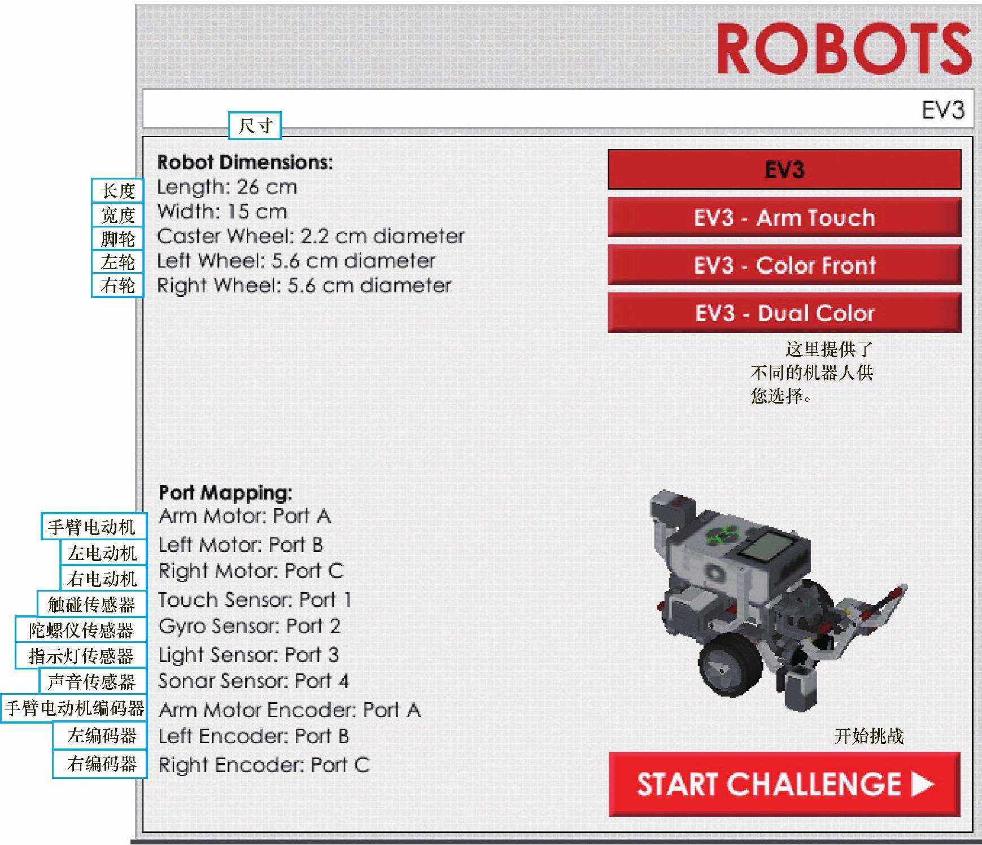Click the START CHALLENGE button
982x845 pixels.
point(784,784)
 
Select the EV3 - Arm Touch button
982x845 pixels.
point(784,217)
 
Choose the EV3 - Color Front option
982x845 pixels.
point(784,265)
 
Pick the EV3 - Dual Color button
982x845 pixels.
point(784,313)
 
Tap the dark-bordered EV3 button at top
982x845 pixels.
point(784,169)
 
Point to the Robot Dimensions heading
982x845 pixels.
point(245,163)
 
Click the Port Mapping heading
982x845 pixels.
point(225,493)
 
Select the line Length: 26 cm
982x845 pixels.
point(227,187)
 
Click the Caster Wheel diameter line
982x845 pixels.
point(311,236)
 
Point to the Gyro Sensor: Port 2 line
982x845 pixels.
point(249,627)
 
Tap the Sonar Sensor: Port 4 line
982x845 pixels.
point(254,681)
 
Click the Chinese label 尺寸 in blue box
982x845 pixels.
point(255,125)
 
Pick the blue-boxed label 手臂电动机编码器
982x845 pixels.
point(74,708)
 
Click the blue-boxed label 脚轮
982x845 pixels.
point(117,238)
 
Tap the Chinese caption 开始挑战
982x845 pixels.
point(869,735)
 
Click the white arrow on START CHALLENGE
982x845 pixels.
point(922,785)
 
